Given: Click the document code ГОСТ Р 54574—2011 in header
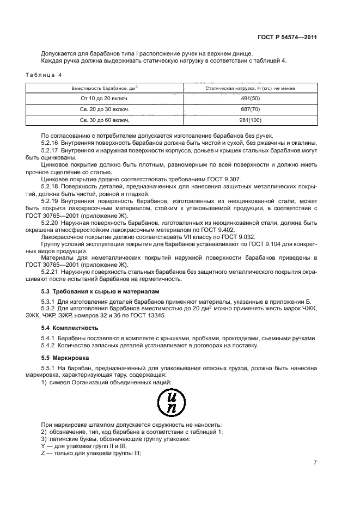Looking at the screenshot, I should pos(288,38).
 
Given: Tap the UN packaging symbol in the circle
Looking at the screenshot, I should pos(173,403).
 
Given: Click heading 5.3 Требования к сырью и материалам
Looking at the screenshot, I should pos(100,292).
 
